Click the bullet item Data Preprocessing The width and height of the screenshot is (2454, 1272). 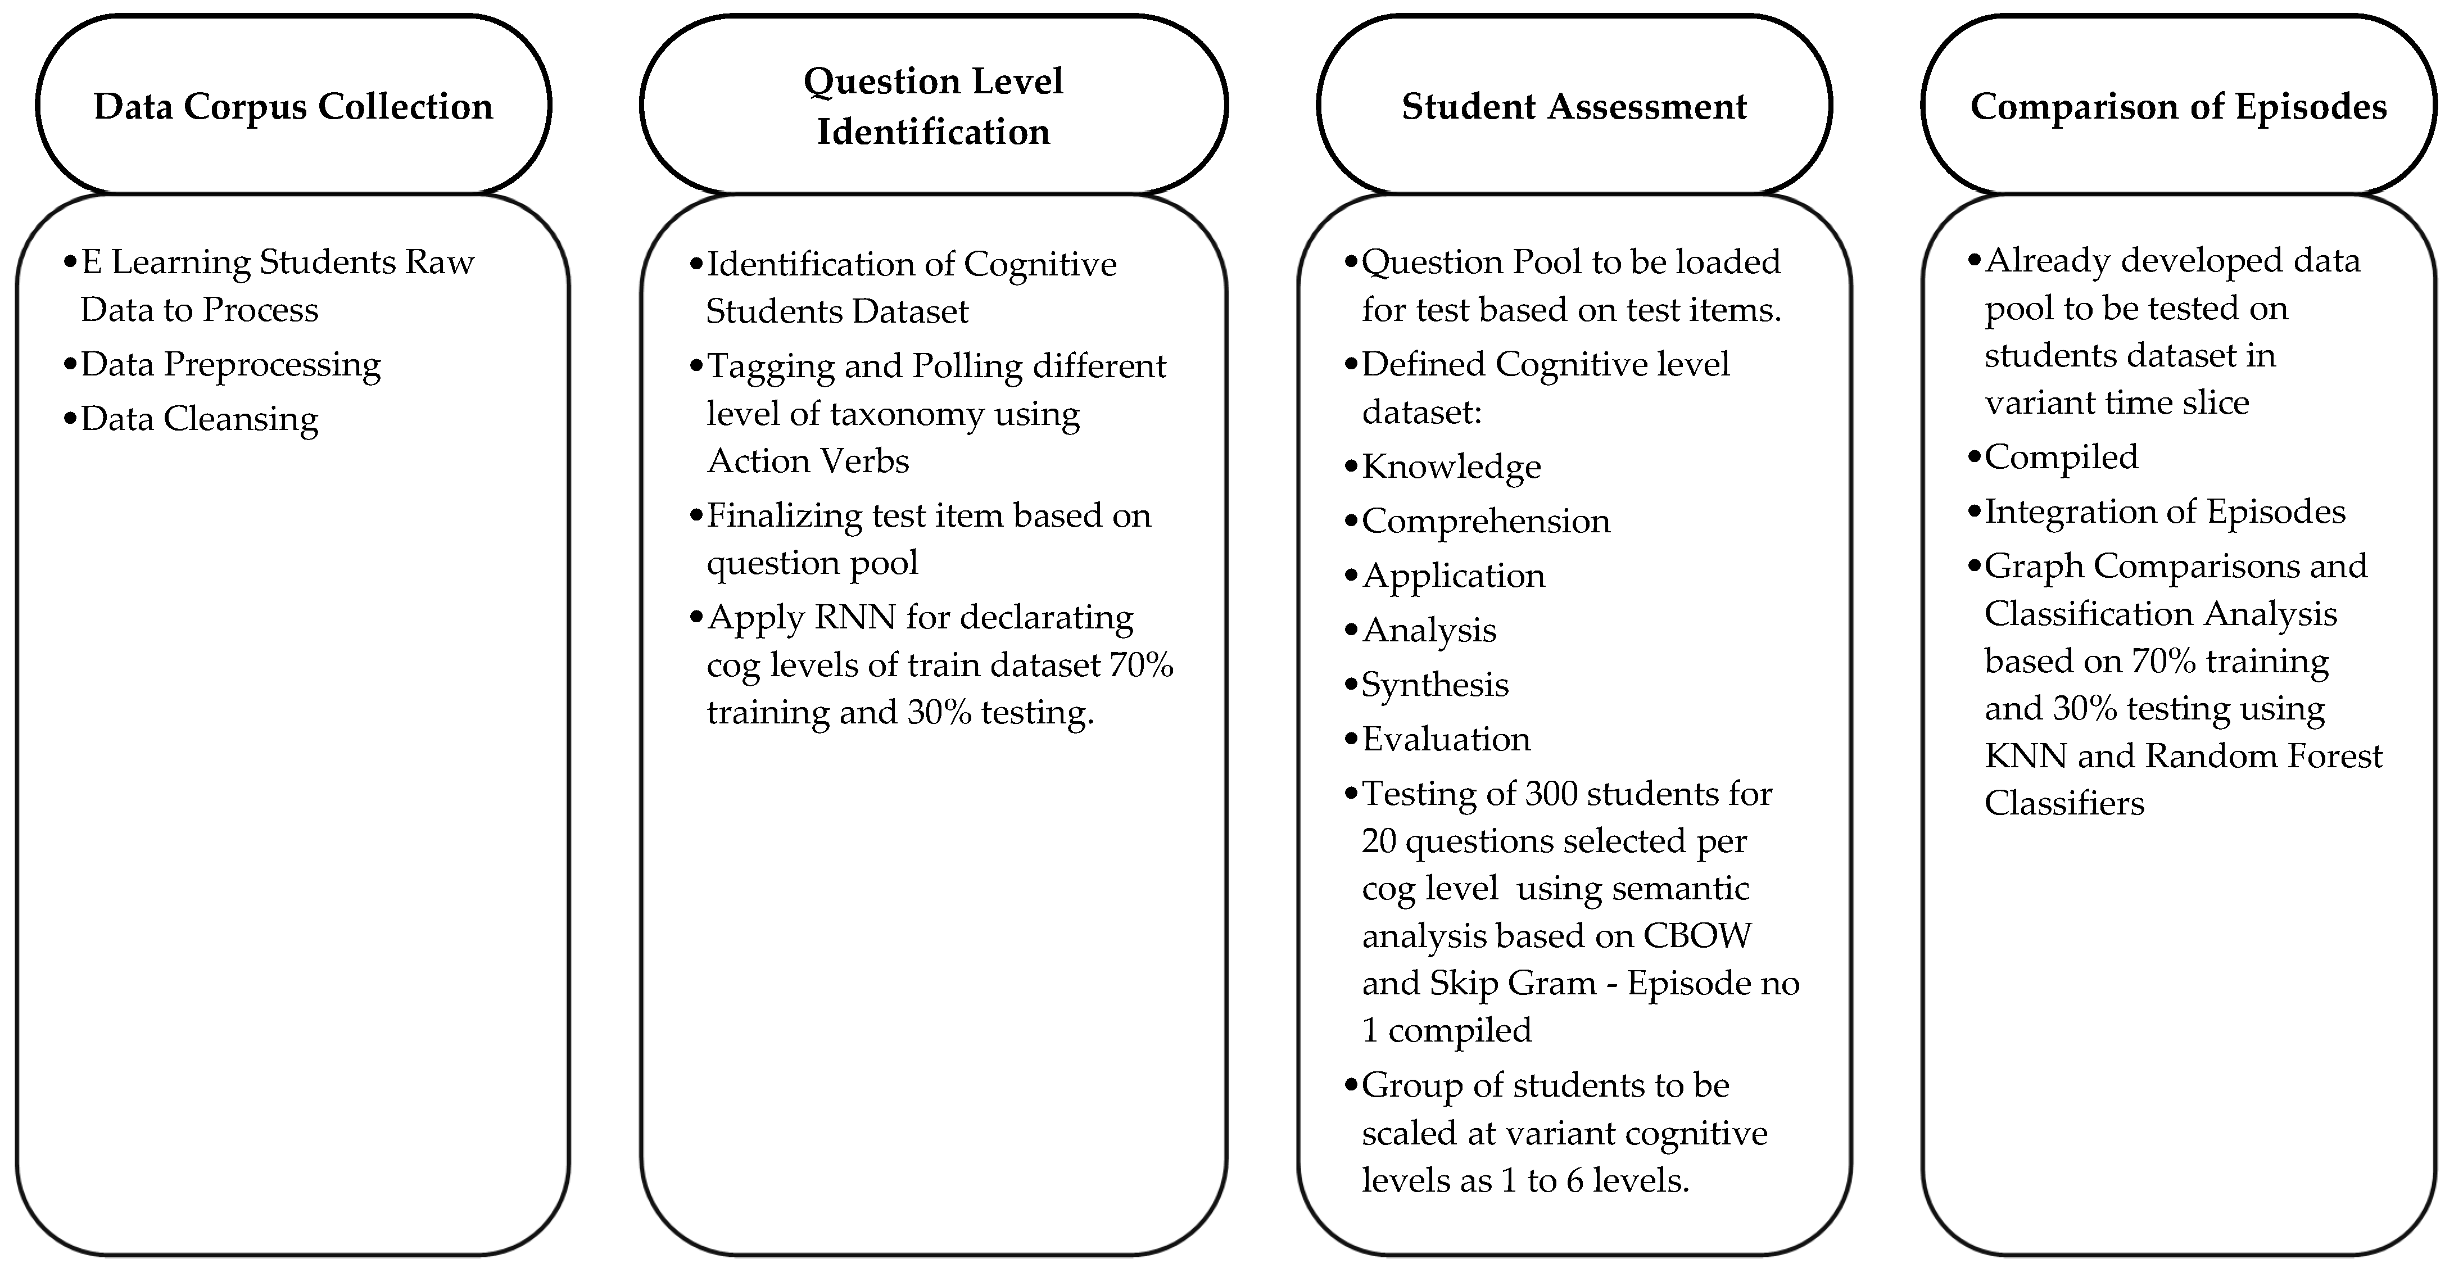click(x=230, y=364)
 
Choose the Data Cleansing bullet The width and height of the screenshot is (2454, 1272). click(x=199, y=418)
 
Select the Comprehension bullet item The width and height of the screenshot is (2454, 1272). click(x=1486, y=520)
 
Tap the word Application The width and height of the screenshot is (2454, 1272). click(x=1454, y=576)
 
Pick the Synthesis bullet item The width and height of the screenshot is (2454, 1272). click(x=1434, y=684)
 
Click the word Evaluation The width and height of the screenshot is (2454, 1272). click(x=1446, y=739)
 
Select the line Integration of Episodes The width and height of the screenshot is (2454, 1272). click(x=2165, y=511)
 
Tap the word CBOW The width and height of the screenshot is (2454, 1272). click(x=1697, y=936)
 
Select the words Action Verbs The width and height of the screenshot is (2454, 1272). click(x=808, y=461)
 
